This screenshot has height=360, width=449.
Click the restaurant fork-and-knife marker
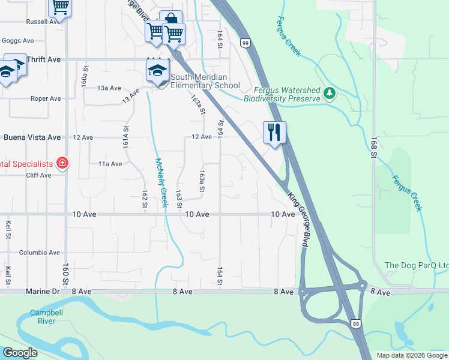tap(274, 133)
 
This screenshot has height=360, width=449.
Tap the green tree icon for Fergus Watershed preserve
tap(328, 94)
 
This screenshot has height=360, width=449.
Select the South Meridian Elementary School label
tap(205, 81)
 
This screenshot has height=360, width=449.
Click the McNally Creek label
tap(160, 182)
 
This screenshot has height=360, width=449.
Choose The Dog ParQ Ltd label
tap(416, 266)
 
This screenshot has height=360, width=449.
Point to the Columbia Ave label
tap(39, 253)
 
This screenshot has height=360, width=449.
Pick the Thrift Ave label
tap(44, 59)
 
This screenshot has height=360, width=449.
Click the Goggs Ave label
tap(18, 41)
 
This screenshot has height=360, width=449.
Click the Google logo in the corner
tap(20, 353)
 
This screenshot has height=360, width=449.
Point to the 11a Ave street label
tap(110, 163)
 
